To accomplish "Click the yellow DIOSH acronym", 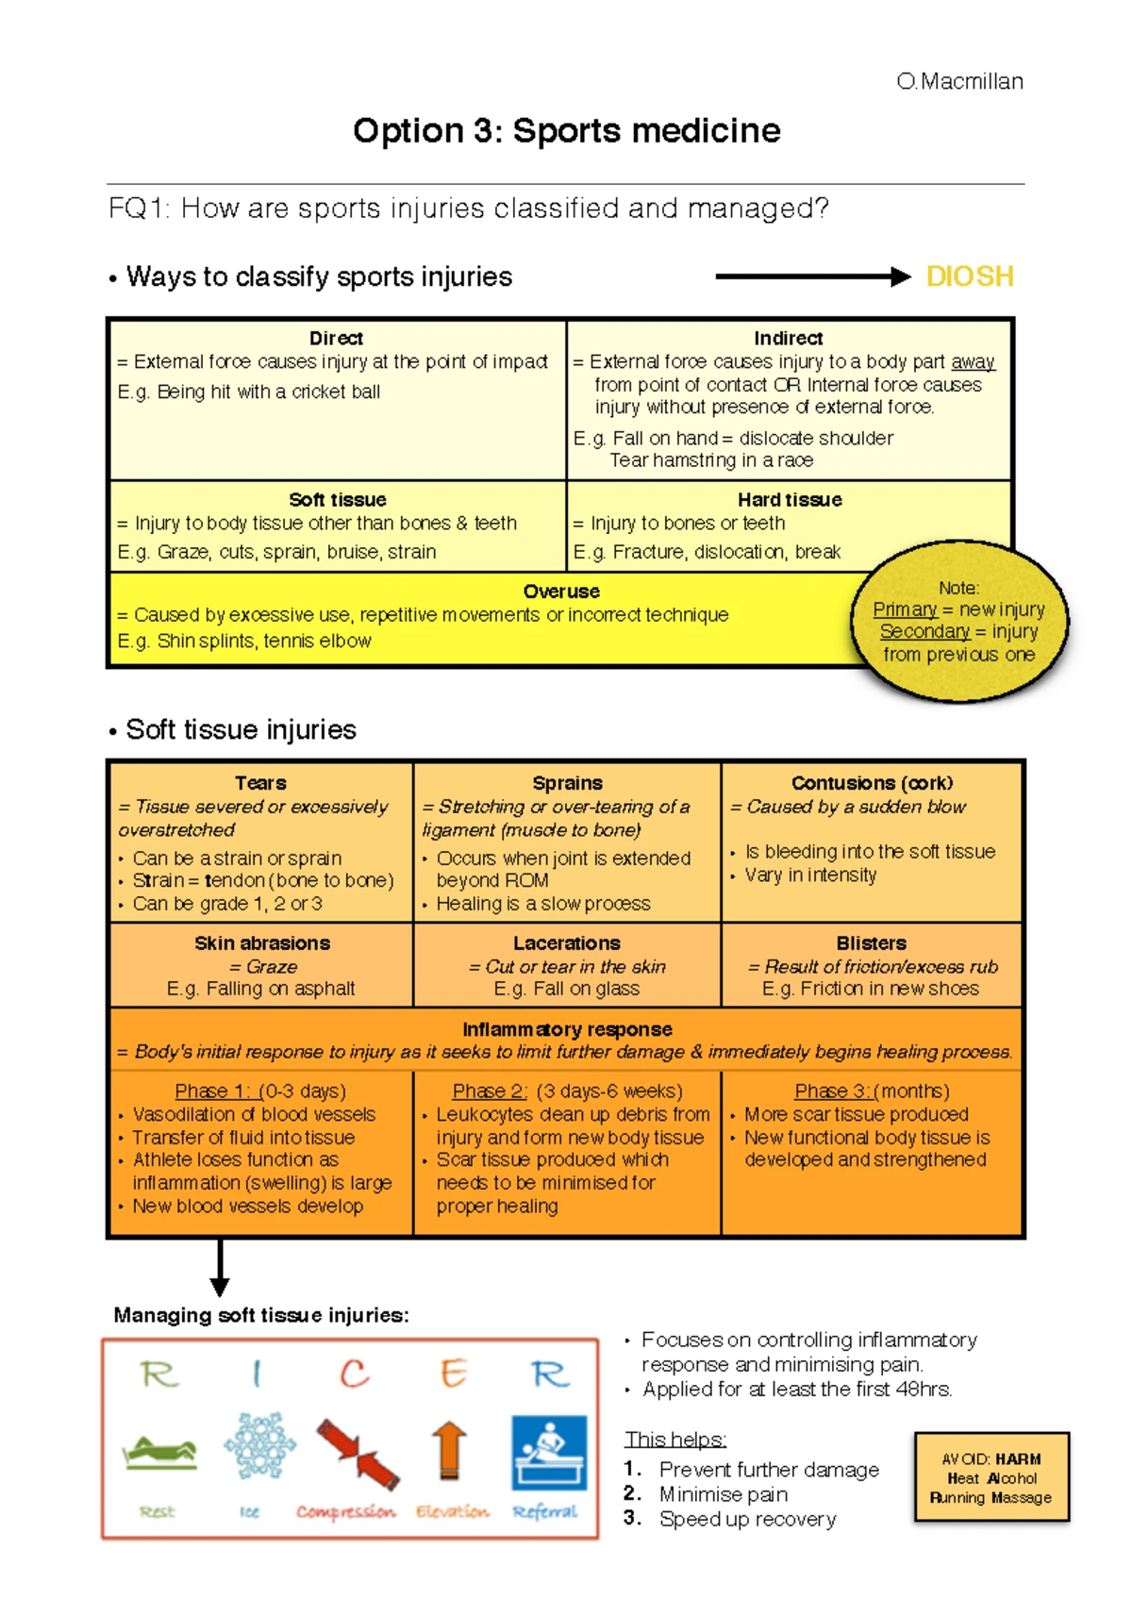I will click(969, 276).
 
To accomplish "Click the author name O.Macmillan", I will click(959, 81).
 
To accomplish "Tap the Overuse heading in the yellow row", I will click(561, 592).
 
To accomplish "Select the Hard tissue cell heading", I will click(790, 500).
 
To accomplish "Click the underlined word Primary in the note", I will click(905, 609).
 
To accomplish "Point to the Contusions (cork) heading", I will click(872, 783).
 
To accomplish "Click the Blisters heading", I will click(871, 943).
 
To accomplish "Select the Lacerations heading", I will click(566, 943).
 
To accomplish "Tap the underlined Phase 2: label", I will click(490, 1092).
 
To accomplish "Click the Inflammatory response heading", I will click(567, 1029).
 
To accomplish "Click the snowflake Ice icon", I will click(259, 1445).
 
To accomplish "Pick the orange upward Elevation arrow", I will click(449, 1450).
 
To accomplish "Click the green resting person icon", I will click(159, 1452).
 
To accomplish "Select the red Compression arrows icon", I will click(357, 1453).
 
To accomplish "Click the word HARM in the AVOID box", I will click(1018, 1459).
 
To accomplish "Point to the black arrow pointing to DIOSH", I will click(811, 276).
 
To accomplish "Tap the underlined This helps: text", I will click(674, 1440).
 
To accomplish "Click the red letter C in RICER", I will click(355, 1374).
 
